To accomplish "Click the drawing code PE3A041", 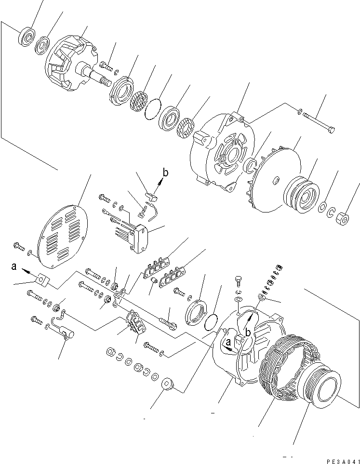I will click(342, 461).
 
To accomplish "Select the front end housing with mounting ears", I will click(220, 149).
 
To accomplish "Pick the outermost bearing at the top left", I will click(27, 37).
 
